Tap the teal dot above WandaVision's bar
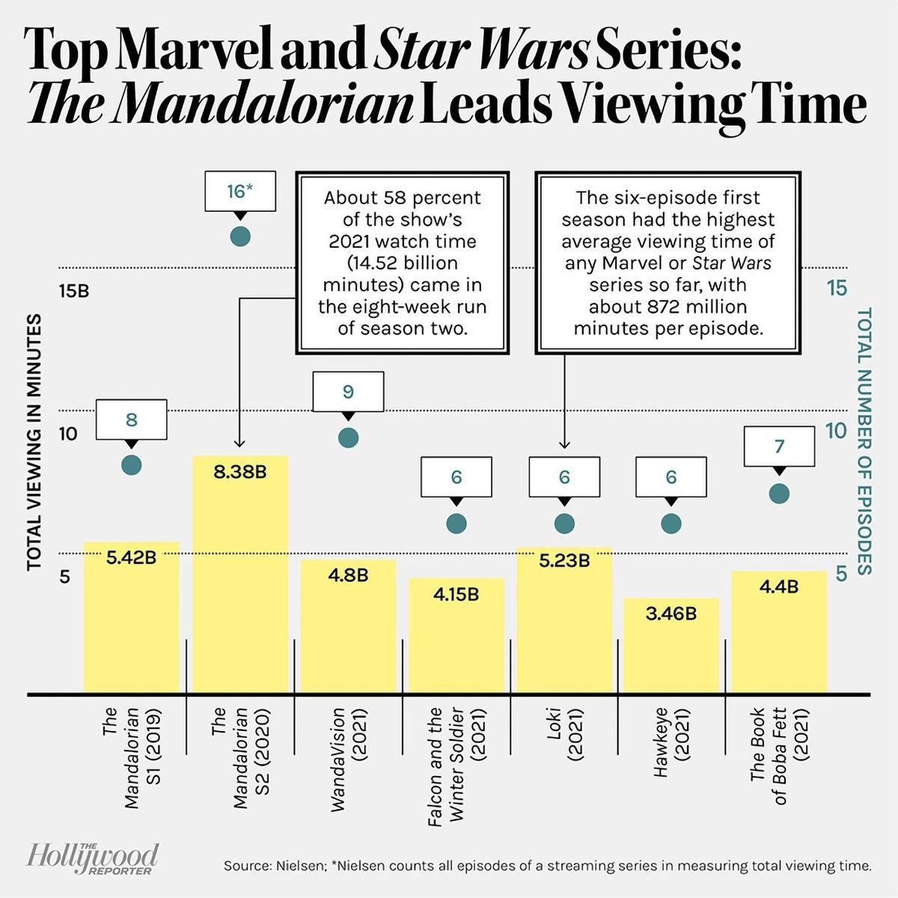click(x=348, y=438)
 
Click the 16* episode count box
click(x=239, y=192)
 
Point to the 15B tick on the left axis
click(x=73, y=290)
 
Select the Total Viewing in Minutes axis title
click(x=34, y=442)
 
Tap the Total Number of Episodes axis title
click(x=864, y=441)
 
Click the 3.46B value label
click(x=671, y=614)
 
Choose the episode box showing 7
click(x=779, y=447)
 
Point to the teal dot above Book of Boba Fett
click(x=779, y=493)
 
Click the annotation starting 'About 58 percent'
click(x=403, y=263)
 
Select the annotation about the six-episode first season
click(x=668, y=263)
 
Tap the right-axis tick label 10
click(x=836, y=431)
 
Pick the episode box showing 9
click(x=348, y=391)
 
